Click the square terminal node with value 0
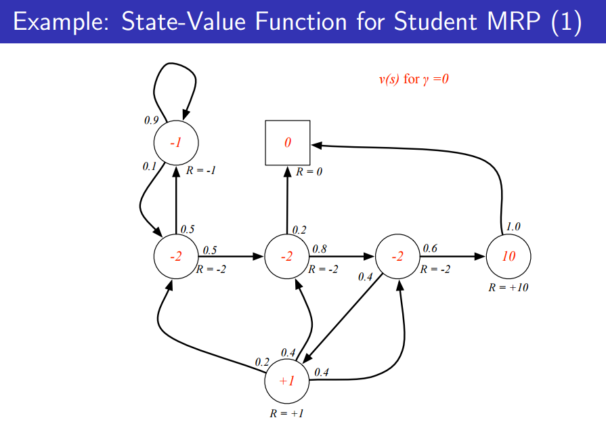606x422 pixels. click(x=287, y=143)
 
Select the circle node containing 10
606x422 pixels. click(x=508, y=257)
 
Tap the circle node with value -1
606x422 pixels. click(x=176, y=143)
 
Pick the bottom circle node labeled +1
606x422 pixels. click(x=287, y=381)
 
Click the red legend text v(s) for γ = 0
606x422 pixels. click(x=414, y=79)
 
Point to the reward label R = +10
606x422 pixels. click(x=508, y=287)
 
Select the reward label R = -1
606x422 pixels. click(x=200, y=171)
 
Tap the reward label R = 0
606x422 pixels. click(x=309, y=172)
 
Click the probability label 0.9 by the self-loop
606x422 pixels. click(x=152, y=120)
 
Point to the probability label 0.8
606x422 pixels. click(x=319, y=249)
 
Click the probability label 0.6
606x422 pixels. click(x=430, y=249)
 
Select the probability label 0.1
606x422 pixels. click(x=150, y=166)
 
